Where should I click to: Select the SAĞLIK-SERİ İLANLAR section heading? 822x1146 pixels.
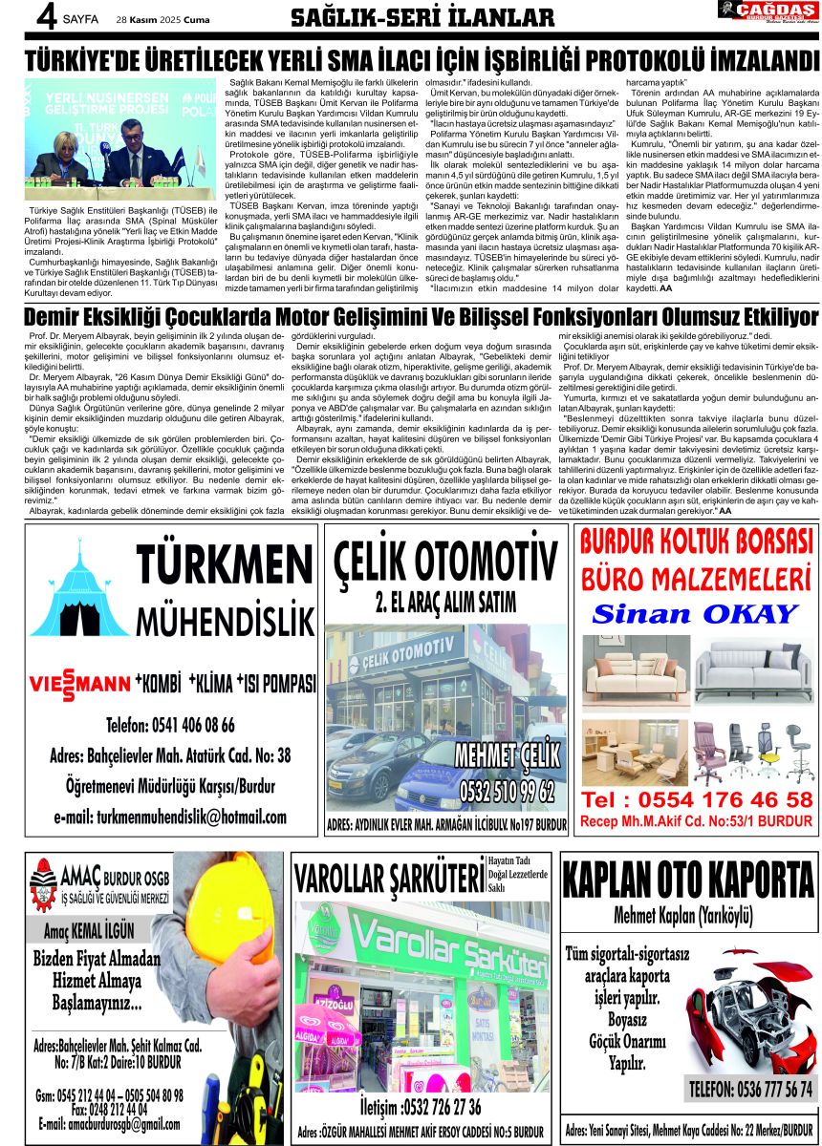pos(422,18)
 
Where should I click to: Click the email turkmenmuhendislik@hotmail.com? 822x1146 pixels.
pos(171,817)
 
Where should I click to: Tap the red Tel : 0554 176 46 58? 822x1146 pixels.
pos(697,799)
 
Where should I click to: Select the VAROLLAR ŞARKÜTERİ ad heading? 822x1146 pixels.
pos(388,878)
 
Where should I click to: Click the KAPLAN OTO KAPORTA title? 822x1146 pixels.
pos(688,878)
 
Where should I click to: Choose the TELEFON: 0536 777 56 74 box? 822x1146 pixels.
pos(750,1089)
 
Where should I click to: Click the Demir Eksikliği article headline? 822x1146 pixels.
pos(422,317)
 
